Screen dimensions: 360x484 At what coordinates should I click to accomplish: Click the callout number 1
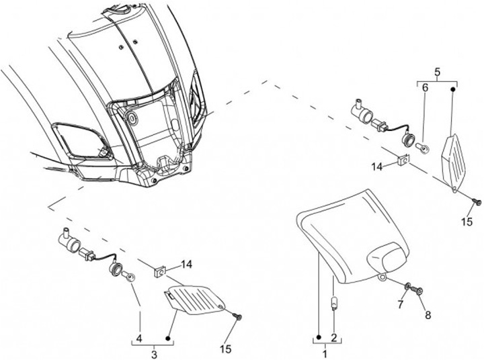[x=325, y=353]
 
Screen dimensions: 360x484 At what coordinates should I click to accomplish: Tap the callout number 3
[x=154, y=353]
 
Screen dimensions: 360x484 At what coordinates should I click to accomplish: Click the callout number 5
[x=437, y=71]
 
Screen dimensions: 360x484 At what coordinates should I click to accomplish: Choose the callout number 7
[x=401, y=306]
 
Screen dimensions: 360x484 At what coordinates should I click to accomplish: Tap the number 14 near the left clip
[x=186, y=264]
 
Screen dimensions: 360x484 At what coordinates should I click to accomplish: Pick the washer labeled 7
[x=408, y=287]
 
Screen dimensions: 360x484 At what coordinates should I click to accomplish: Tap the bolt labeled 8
[x=419, y=290]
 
